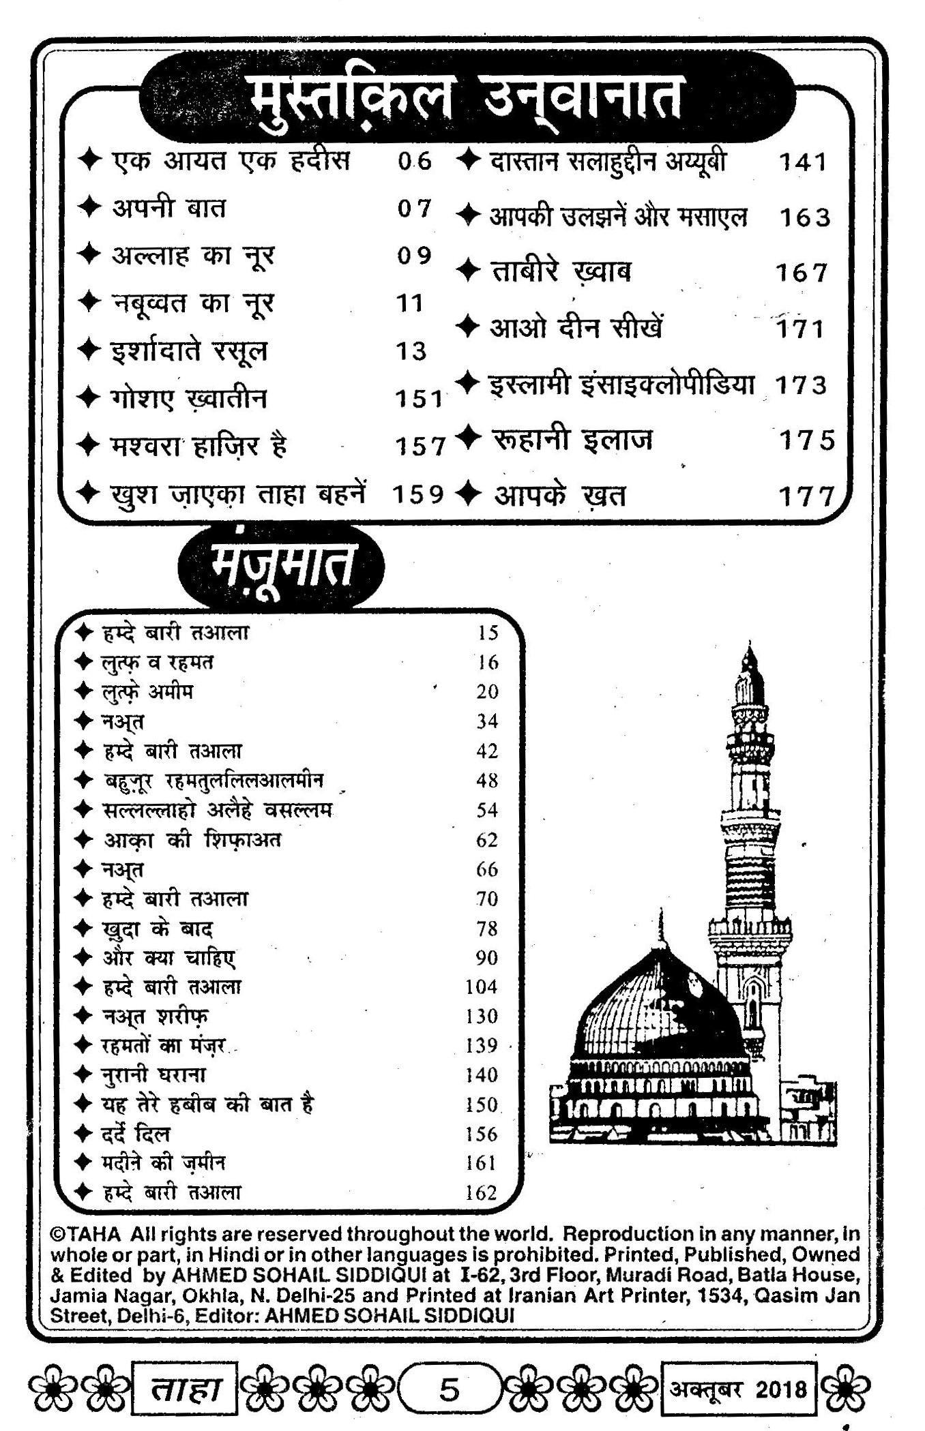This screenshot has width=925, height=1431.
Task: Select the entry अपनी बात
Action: coord(168,208)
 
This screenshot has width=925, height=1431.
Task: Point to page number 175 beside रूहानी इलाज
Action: coord(807,440)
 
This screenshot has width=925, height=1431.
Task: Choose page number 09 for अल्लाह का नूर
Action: coord(414,256)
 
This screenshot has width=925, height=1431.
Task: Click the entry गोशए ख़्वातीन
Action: coord(188,399)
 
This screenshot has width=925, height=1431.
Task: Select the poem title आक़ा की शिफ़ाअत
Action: coord(192,840)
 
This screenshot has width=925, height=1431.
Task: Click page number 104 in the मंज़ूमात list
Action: coord(482,987)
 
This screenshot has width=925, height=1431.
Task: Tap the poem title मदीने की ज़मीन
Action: coord(164,1163)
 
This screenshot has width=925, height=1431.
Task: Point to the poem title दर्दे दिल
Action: coord(136,1134)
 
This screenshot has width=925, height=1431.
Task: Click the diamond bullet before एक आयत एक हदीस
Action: coord(89,161)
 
